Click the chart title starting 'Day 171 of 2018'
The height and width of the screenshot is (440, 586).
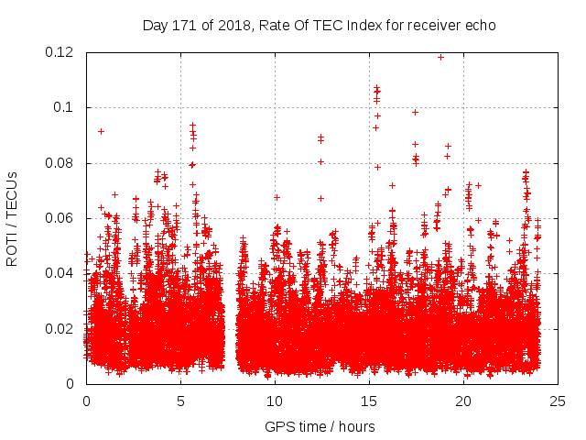point(319,25)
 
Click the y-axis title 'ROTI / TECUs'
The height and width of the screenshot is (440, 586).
point(12,218)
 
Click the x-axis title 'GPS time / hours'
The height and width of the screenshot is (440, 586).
point(320,426)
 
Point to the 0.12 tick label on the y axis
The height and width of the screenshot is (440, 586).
point(60,52)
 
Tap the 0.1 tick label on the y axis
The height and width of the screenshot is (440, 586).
point(64,107)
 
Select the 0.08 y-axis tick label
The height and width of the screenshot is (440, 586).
point(60,163)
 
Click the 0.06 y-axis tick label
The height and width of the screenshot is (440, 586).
point(60,218)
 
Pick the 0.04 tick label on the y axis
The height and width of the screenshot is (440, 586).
point(60,273)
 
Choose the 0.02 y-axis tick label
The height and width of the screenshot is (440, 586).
point(60,328)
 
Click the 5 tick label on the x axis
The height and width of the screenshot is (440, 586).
point(180,401)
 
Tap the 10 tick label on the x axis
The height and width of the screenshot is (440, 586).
point(275,401)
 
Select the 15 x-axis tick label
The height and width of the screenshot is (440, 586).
point(369,401)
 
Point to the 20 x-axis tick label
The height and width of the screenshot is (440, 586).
point(463,401)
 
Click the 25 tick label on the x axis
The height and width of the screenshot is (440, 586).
point(558,401)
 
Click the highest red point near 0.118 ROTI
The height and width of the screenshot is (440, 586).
point(440,57)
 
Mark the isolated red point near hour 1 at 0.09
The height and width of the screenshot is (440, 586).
point(102,131)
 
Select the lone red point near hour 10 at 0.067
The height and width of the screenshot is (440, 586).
point(277,197)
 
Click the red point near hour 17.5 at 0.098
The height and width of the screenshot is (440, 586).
point(415,112)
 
